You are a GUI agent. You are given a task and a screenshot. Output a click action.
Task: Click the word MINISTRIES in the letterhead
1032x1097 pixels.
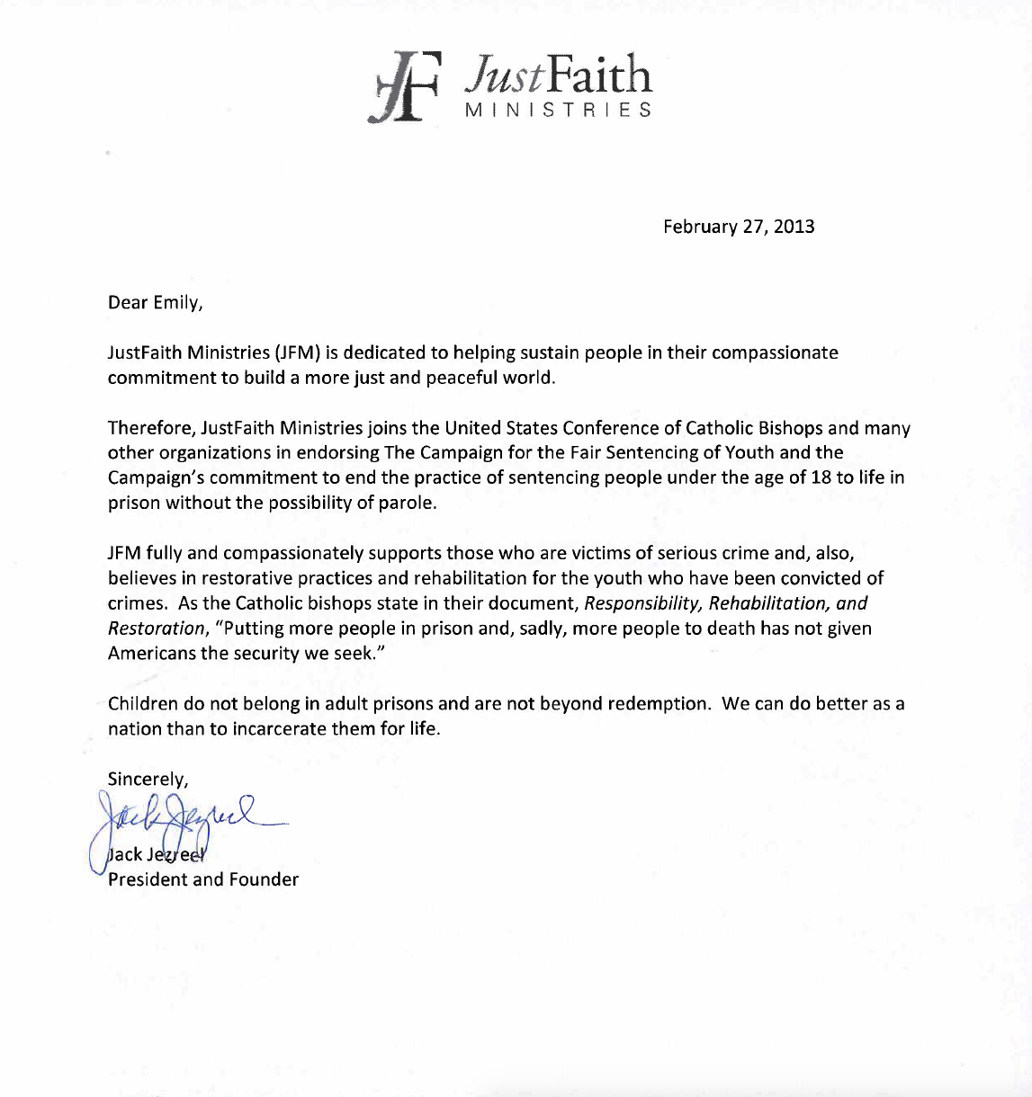click(558, 111)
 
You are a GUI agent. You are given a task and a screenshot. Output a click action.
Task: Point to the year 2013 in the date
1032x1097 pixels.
click(794, 227)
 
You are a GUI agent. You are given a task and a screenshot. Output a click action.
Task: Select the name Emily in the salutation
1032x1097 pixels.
click(176, 302)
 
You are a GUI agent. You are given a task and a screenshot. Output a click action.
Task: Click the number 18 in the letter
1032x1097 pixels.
click(821, 477)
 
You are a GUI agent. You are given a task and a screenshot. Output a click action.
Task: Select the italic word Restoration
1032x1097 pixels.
click(157, 629)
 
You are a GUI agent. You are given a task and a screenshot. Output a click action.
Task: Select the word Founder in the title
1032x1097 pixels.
click(264, 879)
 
